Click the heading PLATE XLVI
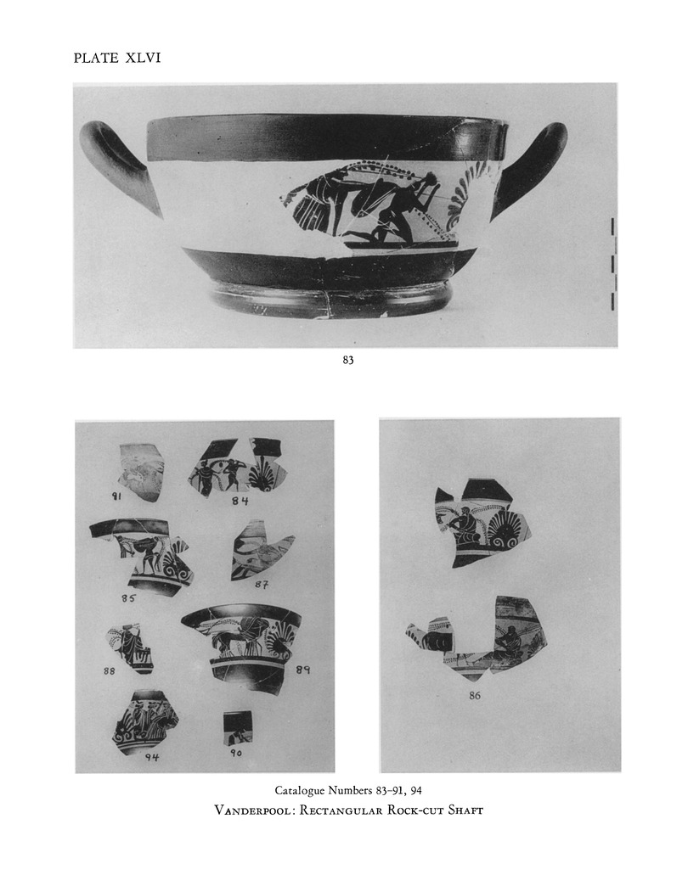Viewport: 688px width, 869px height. point(117,59)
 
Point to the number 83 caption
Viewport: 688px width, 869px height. point(348,360)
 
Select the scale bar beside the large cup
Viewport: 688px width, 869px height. point(612,264)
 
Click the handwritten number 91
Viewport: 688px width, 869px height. point(117,497)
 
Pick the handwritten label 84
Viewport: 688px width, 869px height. point(240,501)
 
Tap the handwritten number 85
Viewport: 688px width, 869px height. point(127,598)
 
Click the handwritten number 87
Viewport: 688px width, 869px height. point(262,584)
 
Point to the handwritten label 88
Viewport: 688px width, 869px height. point(110,670)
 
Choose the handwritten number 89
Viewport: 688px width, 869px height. point(302,670)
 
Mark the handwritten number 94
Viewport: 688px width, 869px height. point(152,757)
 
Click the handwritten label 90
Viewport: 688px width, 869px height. point(236,753)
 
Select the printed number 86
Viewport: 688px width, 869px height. point(475,696)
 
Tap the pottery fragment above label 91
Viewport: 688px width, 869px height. point(140,472)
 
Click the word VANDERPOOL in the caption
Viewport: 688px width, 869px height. point(254,810)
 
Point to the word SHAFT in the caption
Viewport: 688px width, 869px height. point(465,810)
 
